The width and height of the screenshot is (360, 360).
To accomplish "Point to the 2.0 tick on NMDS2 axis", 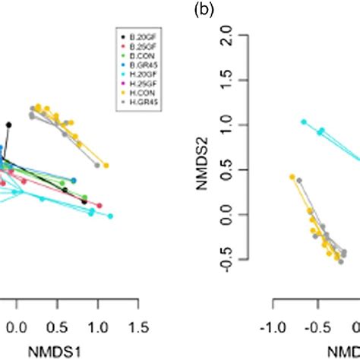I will [x=246, y=34].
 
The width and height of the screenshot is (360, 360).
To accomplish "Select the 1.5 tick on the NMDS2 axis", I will [x=246, y=79].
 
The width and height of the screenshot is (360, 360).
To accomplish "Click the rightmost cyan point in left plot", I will [x=110, y=216].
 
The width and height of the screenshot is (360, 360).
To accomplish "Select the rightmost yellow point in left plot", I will [x=106, y=164].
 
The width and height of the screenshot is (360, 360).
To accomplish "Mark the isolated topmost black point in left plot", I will [x=9, y=125].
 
